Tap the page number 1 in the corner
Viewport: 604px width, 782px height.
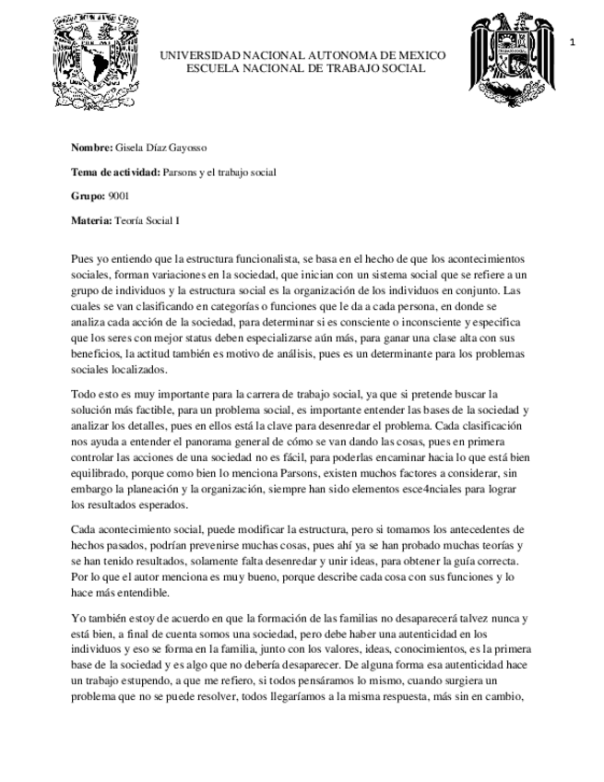[x=573, y=42]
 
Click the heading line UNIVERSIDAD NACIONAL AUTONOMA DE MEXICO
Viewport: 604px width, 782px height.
[x=302, y=55]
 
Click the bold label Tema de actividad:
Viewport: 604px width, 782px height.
[x=115, y=172]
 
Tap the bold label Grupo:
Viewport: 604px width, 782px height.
[x=89, y=196]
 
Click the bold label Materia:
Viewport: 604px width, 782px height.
[x=91, y=220]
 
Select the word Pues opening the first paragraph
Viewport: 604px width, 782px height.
[x=82, y=261]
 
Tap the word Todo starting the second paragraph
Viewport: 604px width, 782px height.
[x=83, y=395]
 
